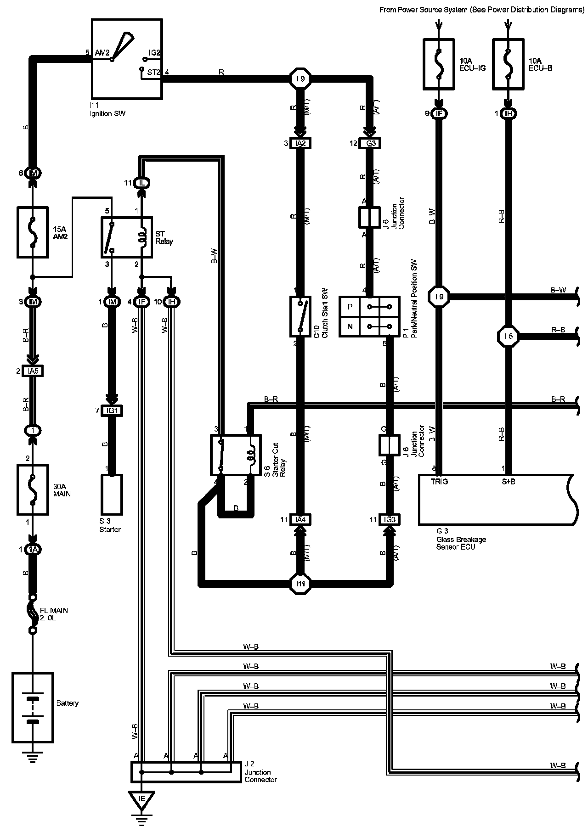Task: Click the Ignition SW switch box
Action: (127, 59)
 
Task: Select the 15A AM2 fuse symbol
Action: (33, 232)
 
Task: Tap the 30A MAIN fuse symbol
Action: (33, 490)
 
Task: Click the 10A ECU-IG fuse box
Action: (439, 64)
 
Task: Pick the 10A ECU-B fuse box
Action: (508, 64)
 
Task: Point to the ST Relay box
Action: (126, 237)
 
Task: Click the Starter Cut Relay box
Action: (236, 455)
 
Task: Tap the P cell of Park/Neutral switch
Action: (350, 307)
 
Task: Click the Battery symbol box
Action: (33, 708)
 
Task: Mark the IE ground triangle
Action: (141, 800)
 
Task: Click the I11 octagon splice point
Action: (300, 584)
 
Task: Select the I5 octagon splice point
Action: (508, 337)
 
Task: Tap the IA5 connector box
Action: (33, 371)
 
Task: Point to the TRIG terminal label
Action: (439, 482)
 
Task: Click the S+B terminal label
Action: (508, 482)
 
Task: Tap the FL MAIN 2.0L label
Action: (54, 614)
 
